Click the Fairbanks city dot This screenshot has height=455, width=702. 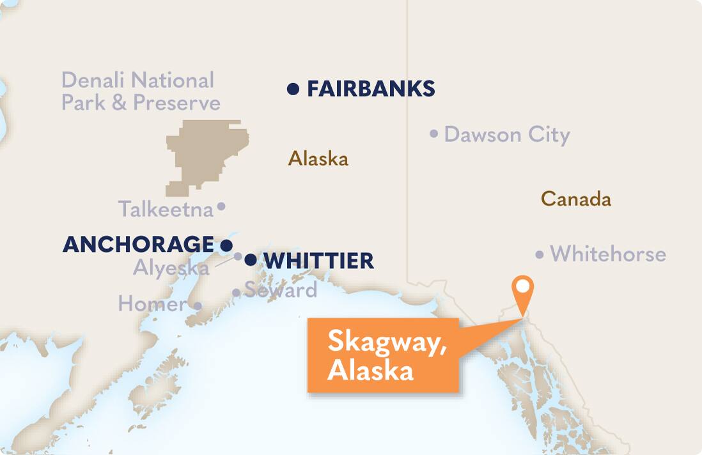tap(293, 89)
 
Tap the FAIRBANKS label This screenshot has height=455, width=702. tap(371, 89)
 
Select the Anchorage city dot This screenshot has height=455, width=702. tap(226, 245)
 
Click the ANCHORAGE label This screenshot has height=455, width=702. tap(138, 244)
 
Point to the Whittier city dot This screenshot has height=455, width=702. tap(251, 259)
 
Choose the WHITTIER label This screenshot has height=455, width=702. tap(318, 261)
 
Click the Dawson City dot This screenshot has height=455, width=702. tap(434, 134)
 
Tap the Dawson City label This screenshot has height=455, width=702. tap(506, 135)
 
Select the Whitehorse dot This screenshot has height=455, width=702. tap(540, 255)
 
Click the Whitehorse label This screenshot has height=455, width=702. tap(608, 254)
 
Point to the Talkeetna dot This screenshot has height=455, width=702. tap(221, 206)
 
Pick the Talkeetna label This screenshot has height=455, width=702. tap(166, 209)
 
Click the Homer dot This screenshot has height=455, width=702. tap(198, 306)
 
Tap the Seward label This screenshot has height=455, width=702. tap(281, 290)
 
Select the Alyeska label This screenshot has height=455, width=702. tap(171, 268)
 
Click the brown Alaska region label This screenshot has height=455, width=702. tap(318, 158)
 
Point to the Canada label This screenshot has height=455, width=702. tap(575, 199)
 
